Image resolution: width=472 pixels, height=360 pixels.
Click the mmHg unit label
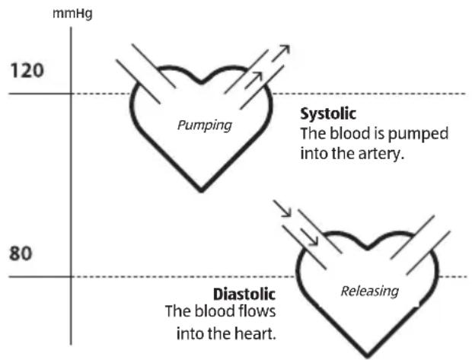[72, 13]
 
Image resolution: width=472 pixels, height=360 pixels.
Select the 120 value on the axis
[27, 71]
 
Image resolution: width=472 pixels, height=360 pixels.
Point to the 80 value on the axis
[21, 253]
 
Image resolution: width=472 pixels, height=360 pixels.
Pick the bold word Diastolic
[246, 295]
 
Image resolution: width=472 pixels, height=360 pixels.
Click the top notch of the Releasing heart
[368, 247]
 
